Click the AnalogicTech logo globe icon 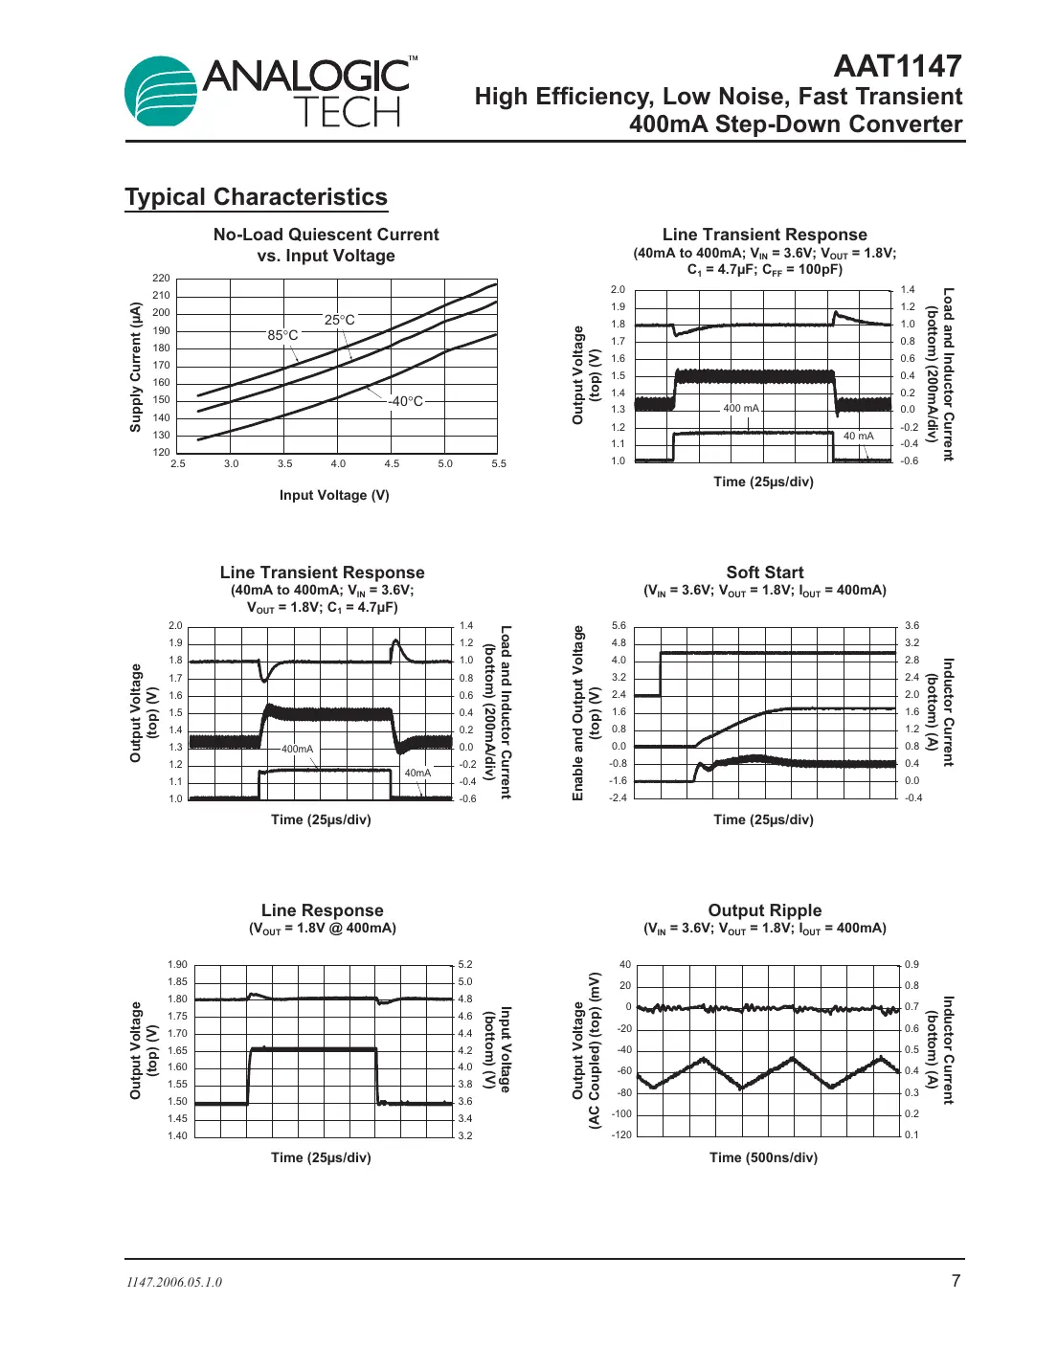[161, 92]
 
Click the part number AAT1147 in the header [897, 66]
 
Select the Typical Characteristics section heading [256, 197]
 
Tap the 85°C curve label [282, 335]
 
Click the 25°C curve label [339, 320]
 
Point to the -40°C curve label [406, 401]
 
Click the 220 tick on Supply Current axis [161, 278]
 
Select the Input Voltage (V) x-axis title [334, 495]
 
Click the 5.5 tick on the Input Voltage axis [499, 463]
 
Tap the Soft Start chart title [764, 572]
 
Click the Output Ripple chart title [764, 910]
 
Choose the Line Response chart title [322, 910]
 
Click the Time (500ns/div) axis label [763, 1157]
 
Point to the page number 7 [956, 1281]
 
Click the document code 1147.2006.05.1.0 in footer [174, 1283]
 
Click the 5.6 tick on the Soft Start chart [619, 625]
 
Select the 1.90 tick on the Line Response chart [177, 964]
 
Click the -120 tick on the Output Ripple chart [622, 1134]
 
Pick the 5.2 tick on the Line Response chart [465, 964]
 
